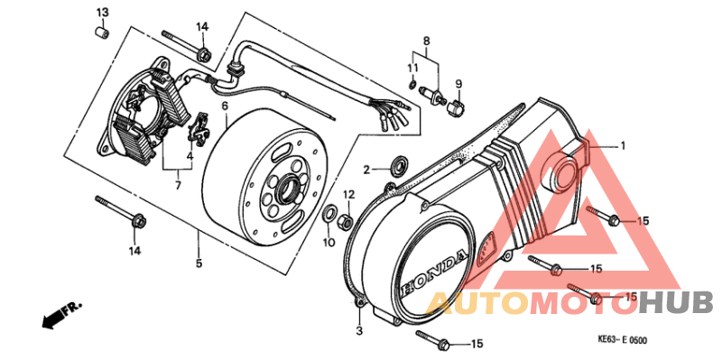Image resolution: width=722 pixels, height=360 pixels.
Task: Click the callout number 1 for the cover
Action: [x=621, y=145]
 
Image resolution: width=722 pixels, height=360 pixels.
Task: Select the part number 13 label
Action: [x=102, y=12]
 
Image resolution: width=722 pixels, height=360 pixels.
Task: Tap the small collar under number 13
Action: [x=103, y=32]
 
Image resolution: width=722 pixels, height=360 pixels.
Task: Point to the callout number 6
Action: [x=225, y=106]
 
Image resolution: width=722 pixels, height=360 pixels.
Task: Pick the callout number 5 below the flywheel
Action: [x=199, y=263]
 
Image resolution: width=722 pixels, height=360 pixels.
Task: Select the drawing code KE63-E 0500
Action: [x=623, y=341]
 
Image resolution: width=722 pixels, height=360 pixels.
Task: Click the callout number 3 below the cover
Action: [x=358, y=332]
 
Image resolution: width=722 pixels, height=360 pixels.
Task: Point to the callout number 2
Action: [x=367, y=169]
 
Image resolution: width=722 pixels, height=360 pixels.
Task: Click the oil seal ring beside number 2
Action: [x=395, y=166]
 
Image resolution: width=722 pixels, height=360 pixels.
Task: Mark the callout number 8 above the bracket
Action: [x=427, y=41]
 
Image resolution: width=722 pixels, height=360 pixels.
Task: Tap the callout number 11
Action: [x=412, y=69]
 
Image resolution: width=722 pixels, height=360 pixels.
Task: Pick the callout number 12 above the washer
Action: [x=348, y=194]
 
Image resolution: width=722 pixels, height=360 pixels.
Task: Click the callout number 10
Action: [x=329, y=242]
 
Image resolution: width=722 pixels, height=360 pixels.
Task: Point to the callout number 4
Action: [x=190, y=155]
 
